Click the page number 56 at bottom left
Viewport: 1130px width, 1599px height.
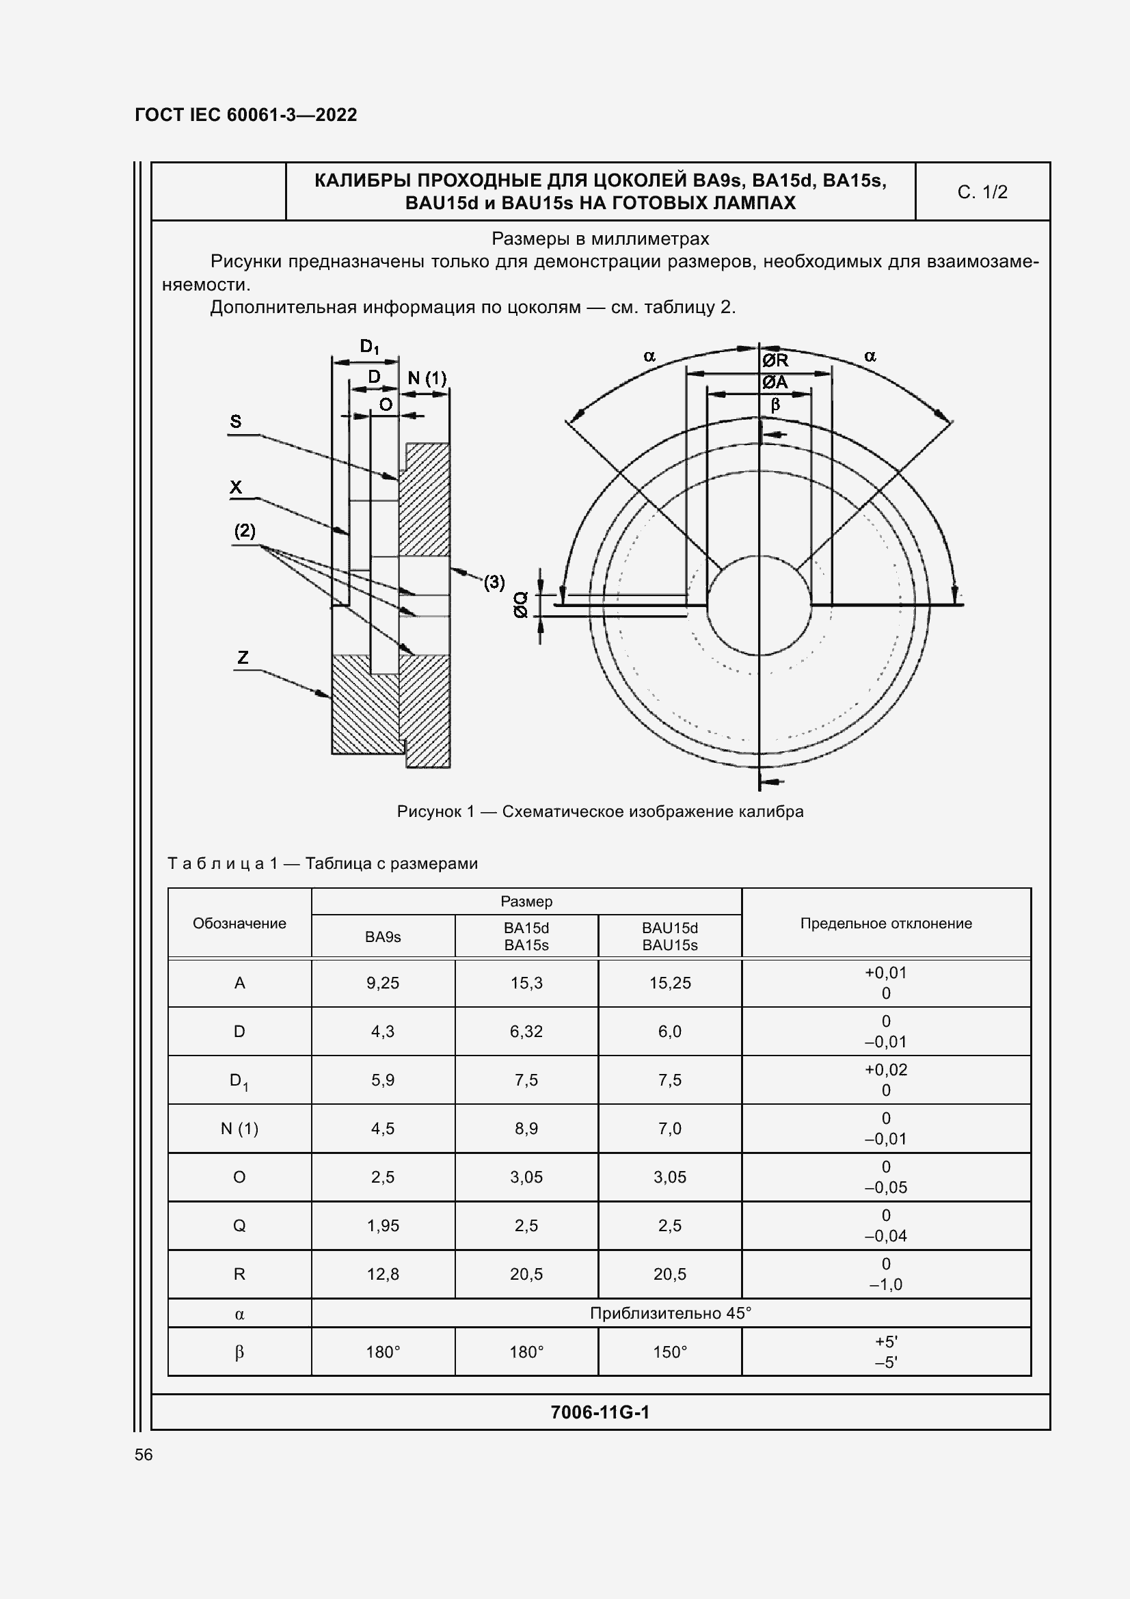[x=144, y=1454]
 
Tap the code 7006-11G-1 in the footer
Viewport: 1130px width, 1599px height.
[x=600, y=1412]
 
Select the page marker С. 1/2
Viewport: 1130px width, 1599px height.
[x=982, y=192]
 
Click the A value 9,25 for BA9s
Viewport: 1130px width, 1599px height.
[x=382, y=982]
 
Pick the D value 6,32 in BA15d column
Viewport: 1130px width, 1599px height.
[x=526, y=1031]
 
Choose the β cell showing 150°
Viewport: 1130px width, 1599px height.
[x=669, y=1351]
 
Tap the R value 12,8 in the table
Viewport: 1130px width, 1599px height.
[x=382, y=1274]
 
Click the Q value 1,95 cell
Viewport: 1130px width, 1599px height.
[x=382, y=1225]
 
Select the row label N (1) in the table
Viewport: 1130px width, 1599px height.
[x=239, y=1128]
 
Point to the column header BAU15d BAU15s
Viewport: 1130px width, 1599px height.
[x=669, y=936]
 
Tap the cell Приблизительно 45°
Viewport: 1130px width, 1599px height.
[x=670, y=1313]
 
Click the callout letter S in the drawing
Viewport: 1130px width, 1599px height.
[x=235, y=421]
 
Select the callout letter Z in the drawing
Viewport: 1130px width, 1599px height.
[x=242, y=657]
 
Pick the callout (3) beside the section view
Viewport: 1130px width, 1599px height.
[x=494, y=582]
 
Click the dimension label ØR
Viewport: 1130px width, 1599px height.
[x=775, y=360]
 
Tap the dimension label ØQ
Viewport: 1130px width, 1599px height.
[x=520, y=604]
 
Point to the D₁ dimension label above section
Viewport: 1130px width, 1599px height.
[x=369, y=346]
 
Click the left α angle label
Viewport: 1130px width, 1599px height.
[x=649, y=357]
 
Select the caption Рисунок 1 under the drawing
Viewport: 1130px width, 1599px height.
[x=600, y=811]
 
